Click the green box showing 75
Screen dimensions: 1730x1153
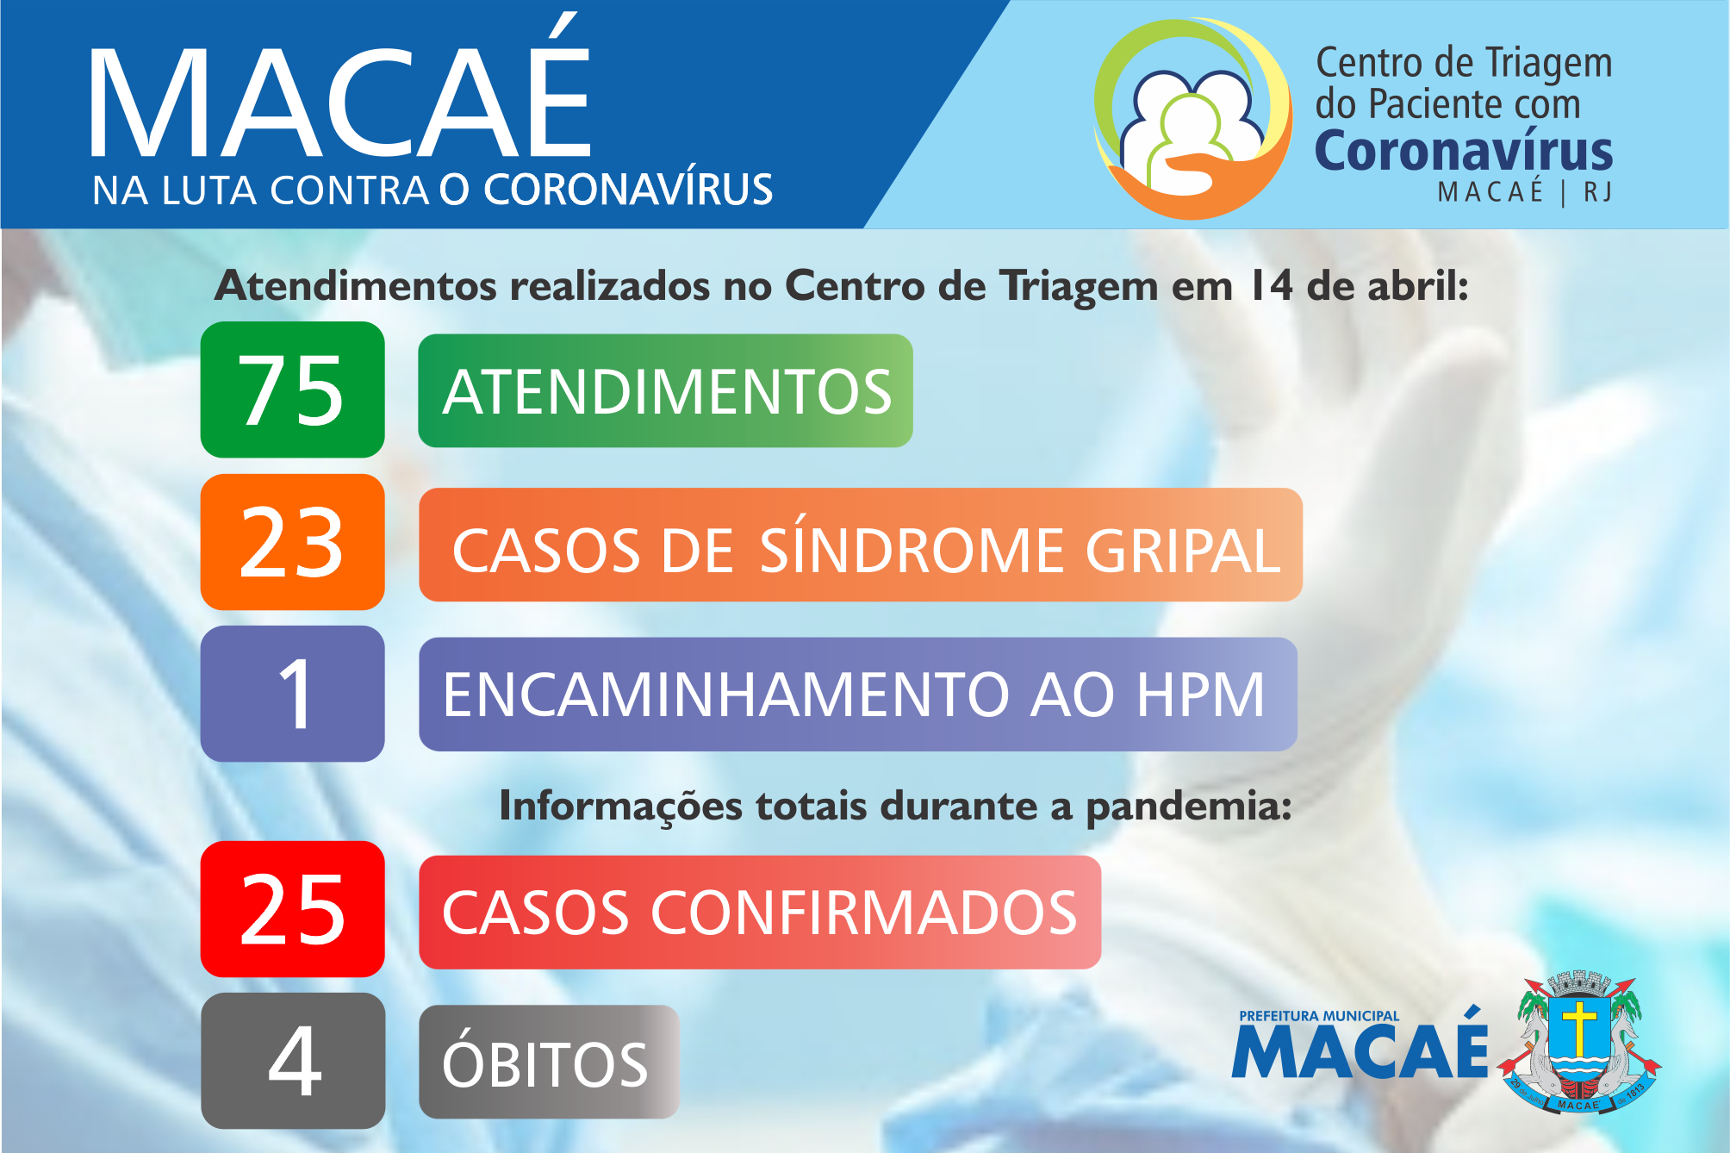tap(293, 390)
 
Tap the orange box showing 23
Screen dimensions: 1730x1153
tap(293, 542)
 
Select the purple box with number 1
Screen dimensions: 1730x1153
tap(293, 694)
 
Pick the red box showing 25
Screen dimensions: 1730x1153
tap(293, 909)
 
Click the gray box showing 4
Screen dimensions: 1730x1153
tap(293, 1061)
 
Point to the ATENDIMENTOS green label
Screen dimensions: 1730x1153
tap(665, 390)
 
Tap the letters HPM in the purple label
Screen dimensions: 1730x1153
tap(1200, 695)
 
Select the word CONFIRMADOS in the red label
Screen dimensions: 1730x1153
tap(864, 913)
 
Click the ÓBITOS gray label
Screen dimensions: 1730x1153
tap(549, 1062)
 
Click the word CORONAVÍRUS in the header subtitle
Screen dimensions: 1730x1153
tap(628, 190)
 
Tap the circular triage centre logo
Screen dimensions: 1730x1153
tap(1192, 119)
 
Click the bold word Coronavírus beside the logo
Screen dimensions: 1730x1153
tap(1464, 152)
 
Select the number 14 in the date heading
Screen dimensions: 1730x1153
tap(1271, 286)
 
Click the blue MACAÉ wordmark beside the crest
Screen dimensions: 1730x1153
tap(1360, 1048)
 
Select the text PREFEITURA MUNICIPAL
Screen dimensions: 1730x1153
tap(1319, 1016)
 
